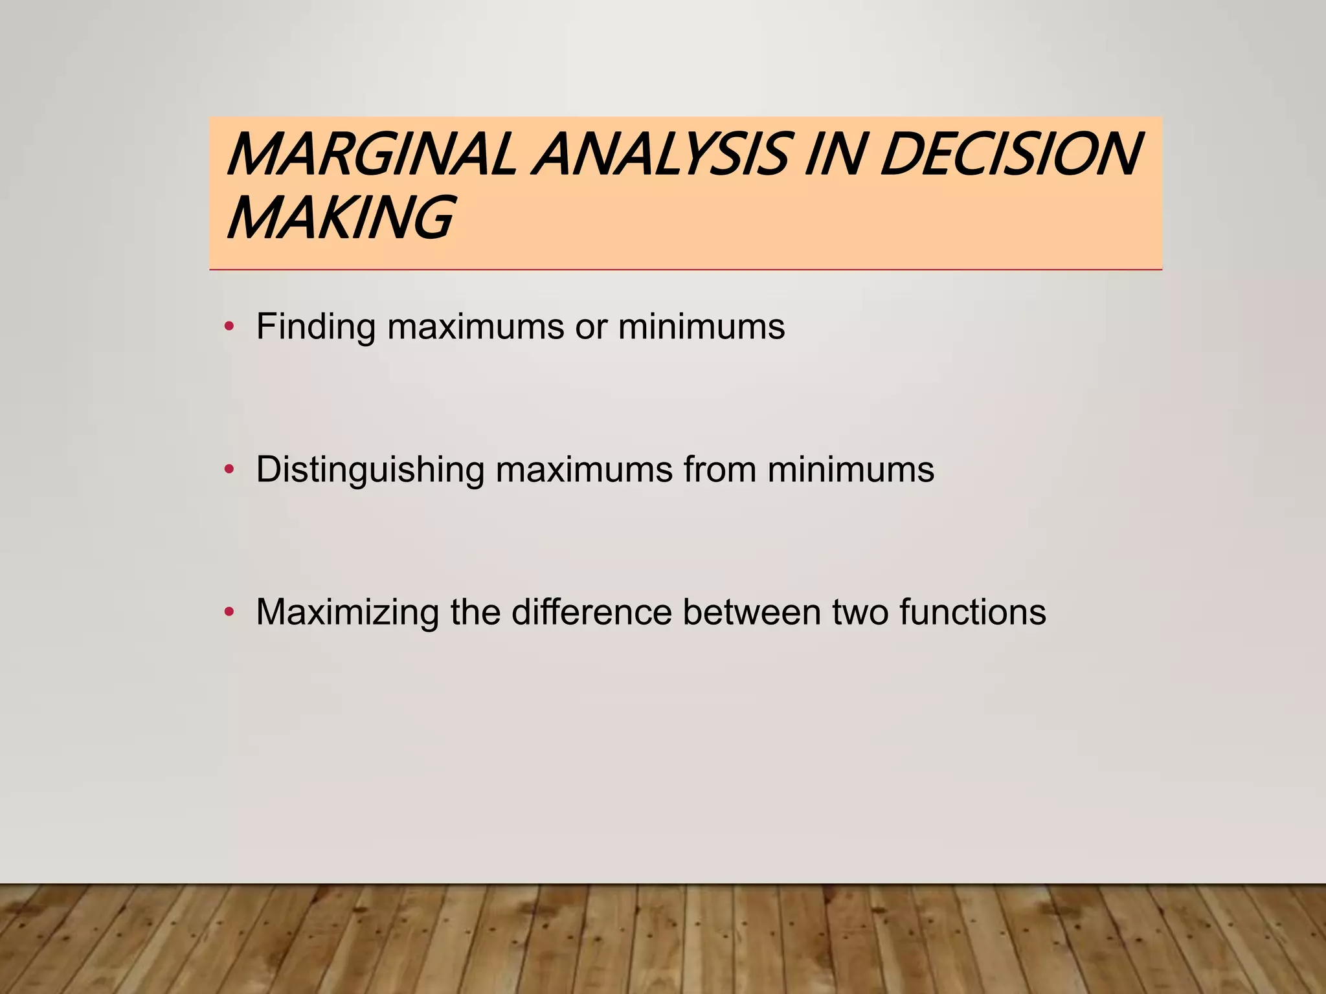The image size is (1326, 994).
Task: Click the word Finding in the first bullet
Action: pos(315,326)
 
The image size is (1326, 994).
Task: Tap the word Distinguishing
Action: pos(370,469)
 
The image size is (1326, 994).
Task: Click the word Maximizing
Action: pos(347,612)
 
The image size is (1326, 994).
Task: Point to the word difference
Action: pos(591,612)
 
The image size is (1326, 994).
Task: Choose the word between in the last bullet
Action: pos(751,612)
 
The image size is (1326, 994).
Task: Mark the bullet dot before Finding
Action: pos(228,327)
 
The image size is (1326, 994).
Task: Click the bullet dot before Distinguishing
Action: pos(228,470)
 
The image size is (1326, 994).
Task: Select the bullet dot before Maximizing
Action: pos(228,612)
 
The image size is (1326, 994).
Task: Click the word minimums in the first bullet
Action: pos(701,326)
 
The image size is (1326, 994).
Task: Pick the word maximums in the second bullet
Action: pos(584,469)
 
